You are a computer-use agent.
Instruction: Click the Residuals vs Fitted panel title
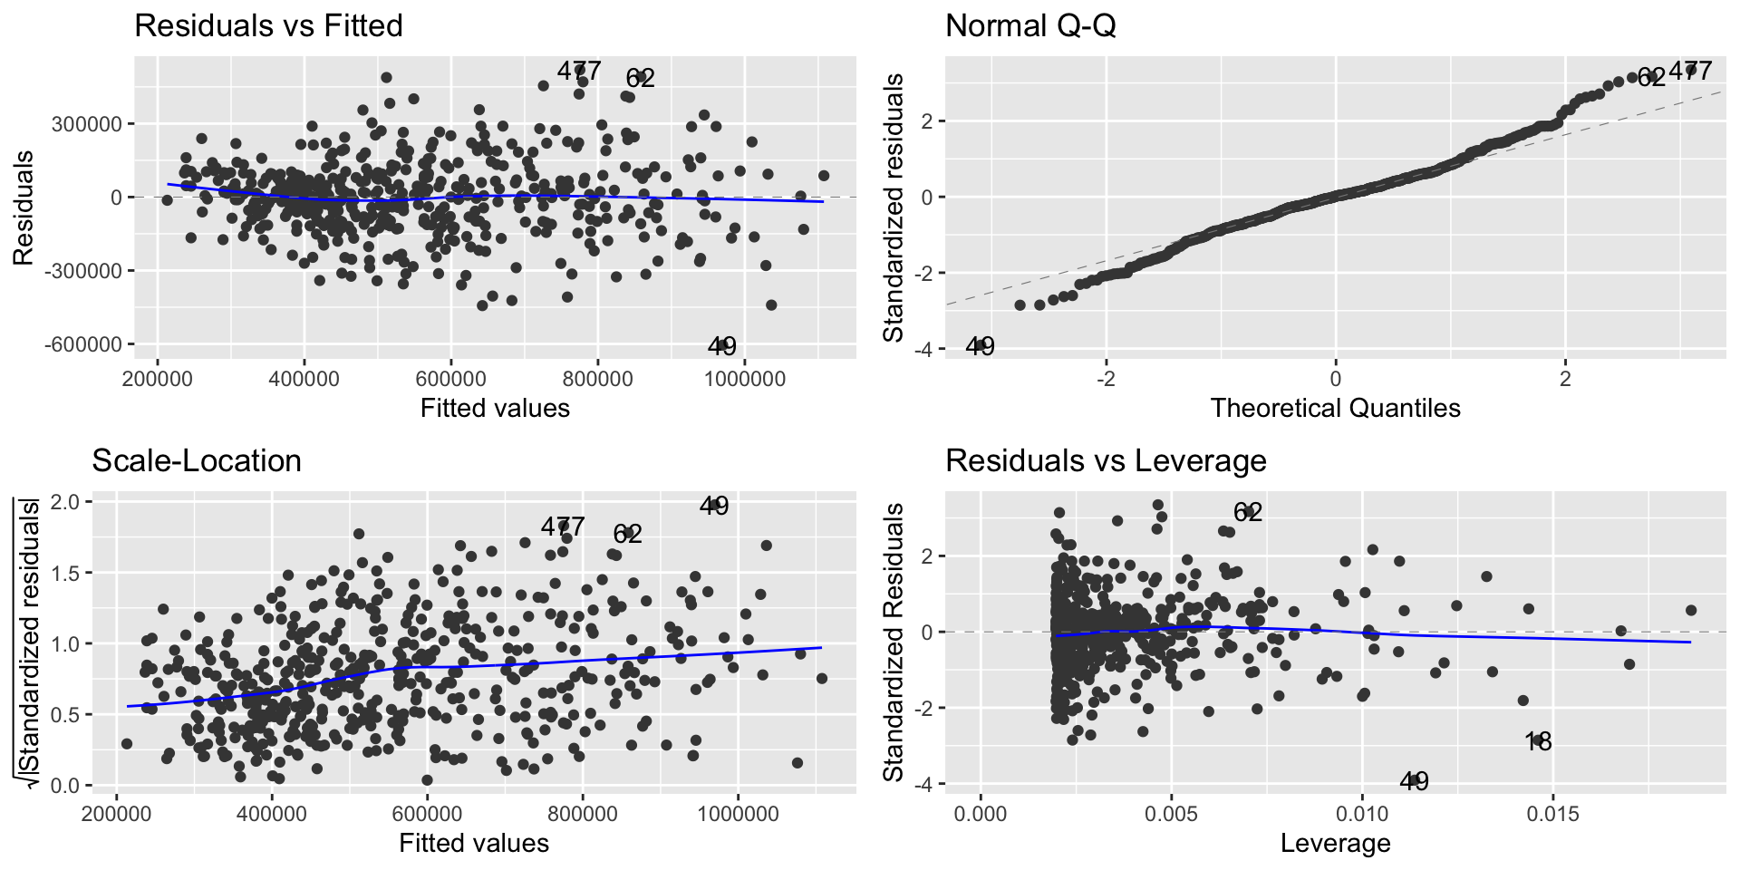tap(268, 25)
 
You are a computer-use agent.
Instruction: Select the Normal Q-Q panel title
tap(1030, 25)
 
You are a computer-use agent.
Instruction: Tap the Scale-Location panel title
tap(197, 460)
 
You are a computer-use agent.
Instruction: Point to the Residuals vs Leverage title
tap(1106, 460)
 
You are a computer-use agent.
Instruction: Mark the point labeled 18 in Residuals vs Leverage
tap(1538, 741)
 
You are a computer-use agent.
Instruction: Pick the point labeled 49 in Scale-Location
tap(714, 505)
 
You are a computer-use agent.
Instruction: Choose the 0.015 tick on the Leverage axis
tap(1552, 813)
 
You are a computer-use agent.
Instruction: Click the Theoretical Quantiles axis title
tap(1335, 408)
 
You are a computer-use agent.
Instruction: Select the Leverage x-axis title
tap(1335, 843)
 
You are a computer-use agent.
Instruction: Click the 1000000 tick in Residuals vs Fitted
tap(745, 378)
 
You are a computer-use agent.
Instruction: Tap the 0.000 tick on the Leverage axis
tap(981, 813)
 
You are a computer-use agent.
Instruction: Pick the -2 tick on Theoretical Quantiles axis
tap(1106, 378)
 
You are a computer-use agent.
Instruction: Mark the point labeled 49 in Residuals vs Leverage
tap(1414, 780)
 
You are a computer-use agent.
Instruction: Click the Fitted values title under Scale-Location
tap(474, 843)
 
